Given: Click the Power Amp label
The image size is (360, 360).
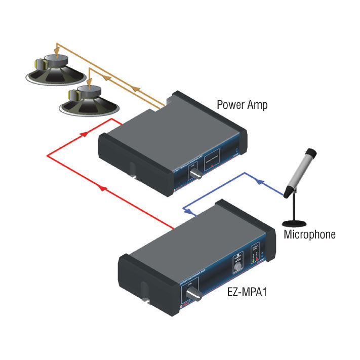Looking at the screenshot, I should tap(242, 105).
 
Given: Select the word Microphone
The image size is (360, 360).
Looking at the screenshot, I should tap(309, 234).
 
